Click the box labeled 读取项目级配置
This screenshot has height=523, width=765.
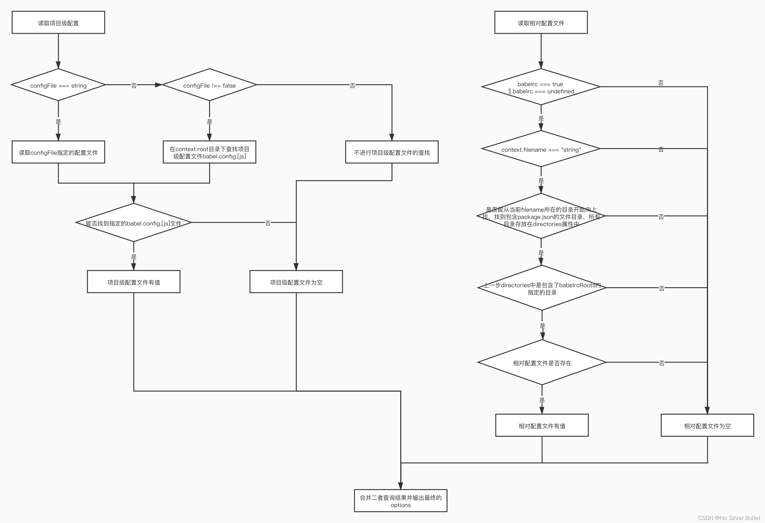(x=58, y=22)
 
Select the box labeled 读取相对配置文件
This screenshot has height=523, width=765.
(x=541, y=22)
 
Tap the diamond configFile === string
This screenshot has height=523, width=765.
(x=58, y=85)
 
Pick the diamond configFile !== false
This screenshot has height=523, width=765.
(x=209, y=85)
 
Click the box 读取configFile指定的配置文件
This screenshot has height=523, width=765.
(x=58, y=152)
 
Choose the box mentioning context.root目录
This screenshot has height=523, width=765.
(x=209, y=152)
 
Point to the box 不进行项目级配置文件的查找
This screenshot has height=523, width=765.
(x=392, y=152)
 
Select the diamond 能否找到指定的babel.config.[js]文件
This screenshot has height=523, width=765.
(x=134, y=223)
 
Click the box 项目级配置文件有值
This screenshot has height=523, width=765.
(x=134, y=282)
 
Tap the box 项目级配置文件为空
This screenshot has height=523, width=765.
(x=296, y=282)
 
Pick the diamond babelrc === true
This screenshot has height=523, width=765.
(x=541, y=87)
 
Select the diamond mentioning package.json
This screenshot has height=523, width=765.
(x=541, y=216)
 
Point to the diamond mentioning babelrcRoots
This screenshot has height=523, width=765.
(x=542, y=288)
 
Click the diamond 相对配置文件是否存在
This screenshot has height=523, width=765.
(x=542, y=363)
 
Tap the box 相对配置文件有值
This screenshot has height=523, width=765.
(x=542, y=425)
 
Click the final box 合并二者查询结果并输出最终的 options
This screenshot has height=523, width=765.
(x=401, y=501)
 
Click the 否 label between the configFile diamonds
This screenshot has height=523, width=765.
(x=134, y=86)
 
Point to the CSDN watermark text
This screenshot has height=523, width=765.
(x=729, y=518)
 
